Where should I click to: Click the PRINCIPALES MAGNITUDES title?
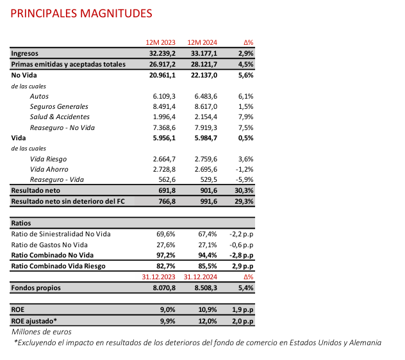tap(82, 13)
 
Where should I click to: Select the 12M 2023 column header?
tap(161, 42)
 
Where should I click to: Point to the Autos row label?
tap(40, 96)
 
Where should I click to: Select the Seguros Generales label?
tap(59, 106)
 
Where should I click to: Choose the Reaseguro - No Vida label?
tap(62, 127)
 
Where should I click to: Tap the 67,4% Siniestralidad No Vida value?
tap(207, 234)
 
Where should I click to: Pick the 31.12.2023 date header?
tap(160, 277)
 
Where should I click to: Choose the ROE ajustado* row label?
tap(34, 320)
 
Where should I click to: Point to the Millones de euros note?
tap(42, 332)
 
